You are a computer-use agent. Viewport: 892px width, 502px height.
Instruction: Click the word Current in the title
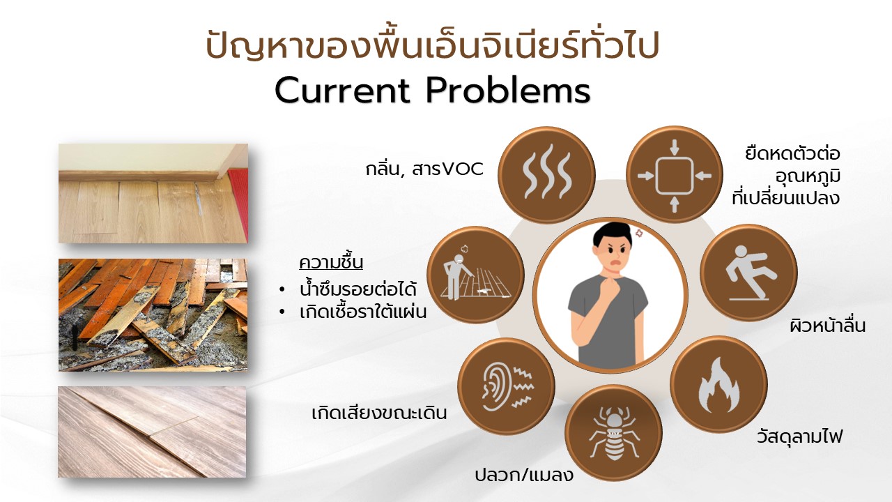pyautogui.click(x=342, y=91)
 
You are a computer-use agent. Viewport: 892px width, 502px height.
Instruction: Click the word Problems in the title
pyautogui.click(x=508, y=91)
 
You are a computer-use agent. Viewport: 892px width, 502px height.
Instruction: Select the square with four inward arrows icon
pyautogui.click(x=674, y=175)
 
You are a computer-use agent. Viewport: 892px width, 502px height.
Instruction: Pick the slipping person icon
pyautogui.click(x=749, y=273)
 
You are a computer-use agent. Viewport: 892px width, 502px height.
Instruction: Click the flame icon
pyautogui.click(x=718, y=385)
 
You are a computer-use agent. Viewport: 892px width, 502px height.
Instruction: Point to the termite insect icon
pyautogui.click(x=614, y=434)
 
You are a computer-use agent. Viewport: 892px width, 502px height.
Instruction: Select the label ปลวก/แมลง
pyautogui.click(x=524, y=475)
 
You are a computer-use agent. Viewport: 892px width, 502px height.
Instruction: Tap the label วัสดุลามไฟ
pyautogui.click(x=799, y=436)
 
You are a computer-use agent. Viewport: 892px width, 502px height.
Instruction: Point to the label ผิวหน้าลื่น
pyautogui.click(x=828, y=325)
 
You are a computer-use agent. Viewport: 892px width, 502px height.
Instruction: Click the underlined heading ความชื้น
pyautogui.click(x=331, y=263)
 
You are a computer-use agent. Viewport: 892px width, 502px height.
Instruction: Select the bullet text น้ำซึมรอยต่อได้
pyautogui.click(x=357, y=289)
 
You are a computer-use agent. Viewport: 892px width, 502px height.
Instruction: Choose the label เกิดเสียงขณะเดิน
pyautogui.click(x=379, y=413)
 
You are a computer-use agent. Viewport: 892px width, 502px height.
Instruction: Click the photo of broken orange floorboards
pyautogui.click(x=153, y=315)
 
